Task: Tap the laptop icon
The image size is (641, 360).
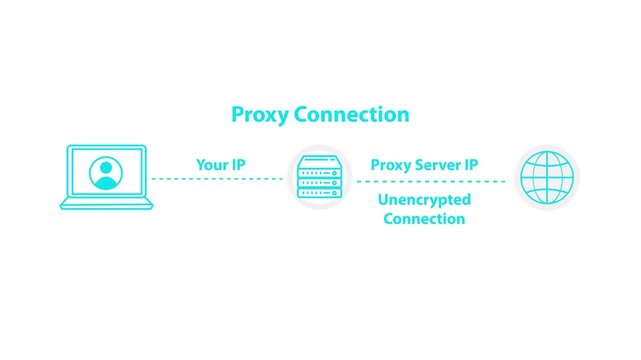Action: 106,177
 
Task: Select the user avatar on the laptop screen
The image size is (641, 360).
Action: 106,175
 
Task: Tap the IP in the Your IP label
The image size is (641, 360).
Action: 237,163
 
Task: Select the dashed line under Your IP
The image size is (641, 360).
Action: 217,180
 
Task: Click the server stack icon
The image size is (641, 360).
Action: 321,180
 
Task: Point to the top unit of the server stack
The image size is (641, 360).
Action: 321,162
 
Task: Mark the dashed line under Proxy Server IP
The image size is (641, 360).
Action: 430,181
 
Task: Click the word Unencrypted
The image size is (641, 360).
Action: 424,200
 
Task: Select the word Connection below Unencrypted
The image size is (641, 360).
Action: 424,218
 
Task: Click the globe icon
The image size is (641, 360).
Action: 547,180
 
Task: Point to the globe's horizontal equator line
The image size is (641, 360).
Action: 547,180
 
